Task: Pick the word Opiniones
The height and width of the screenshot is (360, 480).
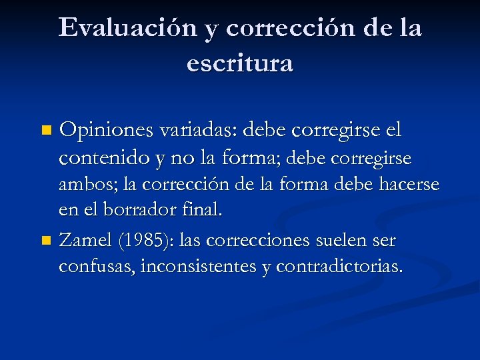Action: coord(107,129)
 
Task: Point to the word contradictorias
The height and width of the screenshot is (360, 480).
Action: coord(339,266)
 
